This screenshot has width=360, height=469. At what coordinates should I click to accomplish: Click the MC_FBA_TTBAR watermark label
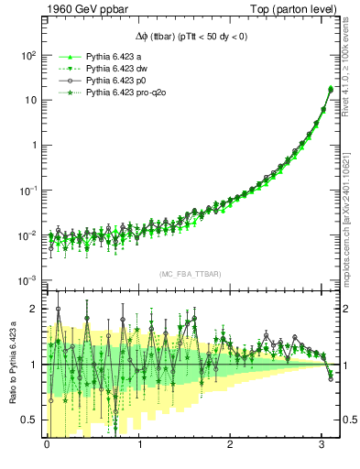pyautogui.click(x=184, y=275)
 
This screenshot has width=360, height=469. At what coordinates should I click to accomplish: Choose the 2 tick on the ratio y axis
pyautogui.click(x=34, y=309)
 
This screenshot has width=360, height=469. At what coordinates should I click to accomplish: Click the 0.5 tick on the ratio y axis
pyautogui.click(x=30, y=420)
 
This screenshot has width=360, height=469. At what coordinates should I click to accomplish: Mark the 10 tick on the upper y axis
pyautogui.click(x=30, y=100)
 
